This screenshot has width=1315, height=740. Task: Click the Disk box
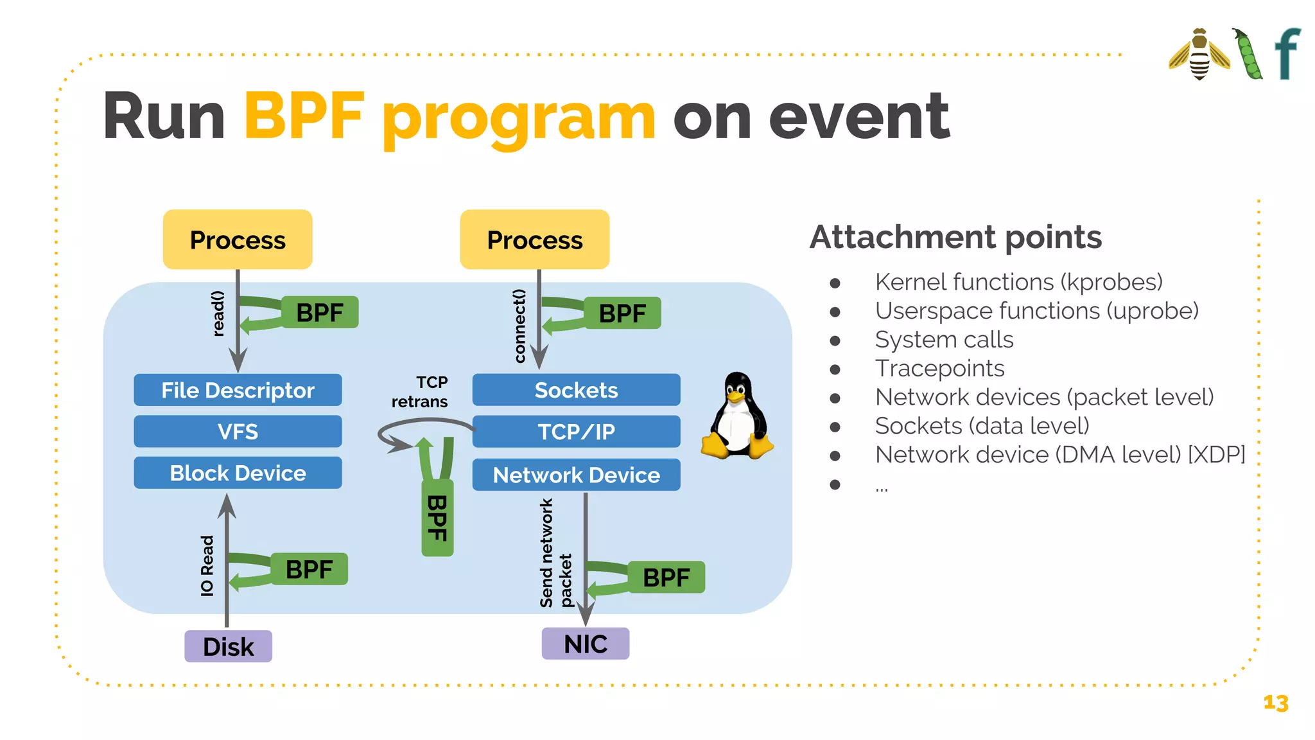228,646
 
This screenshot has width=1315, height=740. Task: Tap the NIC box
585,644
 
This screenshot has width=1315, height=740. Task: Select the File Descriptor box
238,390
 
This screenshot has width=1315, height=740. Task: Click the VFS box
238,431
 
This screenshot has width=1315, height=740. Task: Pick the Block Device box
238,473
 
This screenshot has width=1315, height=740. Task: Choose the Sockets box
576,390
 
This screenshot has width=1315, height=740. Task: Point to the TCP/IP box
576,431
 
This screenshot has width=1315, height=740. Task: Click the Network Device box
576,475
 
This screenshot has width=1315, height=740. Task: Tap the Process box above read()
238,240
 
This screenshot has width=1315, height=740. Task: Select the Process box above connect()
534,240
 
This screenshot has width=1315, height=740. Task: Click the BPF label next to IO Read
309,569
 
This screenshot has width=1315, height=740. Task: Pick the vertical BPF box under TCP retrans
437,518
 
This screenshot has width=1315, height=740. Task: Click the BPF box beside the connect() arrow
622,313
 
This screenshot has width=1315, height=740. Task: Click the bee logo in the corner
1199,55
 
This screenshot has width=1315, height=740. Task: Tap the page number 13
1275,703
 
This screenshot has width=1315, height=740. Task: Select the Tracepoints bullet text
939,369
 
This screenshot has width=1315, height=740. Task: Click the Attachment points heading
955,237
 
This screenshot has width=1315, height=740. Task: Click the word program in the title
519,117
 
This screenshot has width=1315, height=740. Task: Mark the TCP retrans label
421,392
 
